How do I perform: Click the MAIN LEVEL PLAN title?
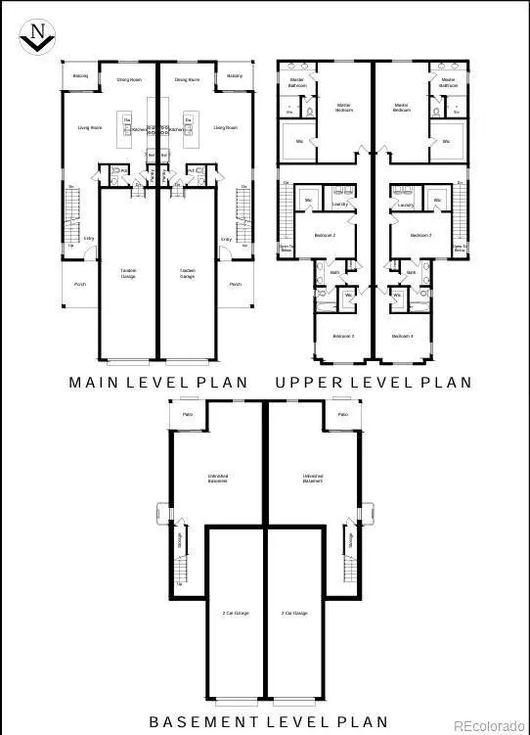pyautogui.click(x=158, y=383)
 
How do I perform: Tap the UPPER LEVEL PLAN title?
pyautogui.click(x=374, y=383)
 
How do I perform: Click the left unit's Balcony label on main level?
pyautogui.click(x=80, y=75)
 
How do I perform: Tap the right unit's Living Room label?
pyautogui.click(x=227, y=127)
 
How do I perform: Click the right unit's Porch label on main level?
pyautogui.click(x=235, y=285)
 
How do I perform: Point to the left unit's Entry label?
pyautogui.click(x=88, y=238)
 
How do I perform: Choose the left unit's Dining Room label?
pyautogui.click(x=131, y=79)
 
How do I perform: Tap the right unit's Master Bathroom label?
pyautogui.click(x=448, y=82)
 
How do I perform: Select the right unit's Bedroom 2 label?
pyautogui.click(x=420, y=236)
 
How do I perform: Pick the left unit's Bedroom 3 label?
pyautogui.click(x=342, y=337)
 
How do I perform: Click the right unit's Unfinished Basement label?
pyautogui.click(x=312, y=479)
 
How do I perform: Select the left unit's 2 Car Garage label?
pyautogui.click(x=236, y=613)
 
